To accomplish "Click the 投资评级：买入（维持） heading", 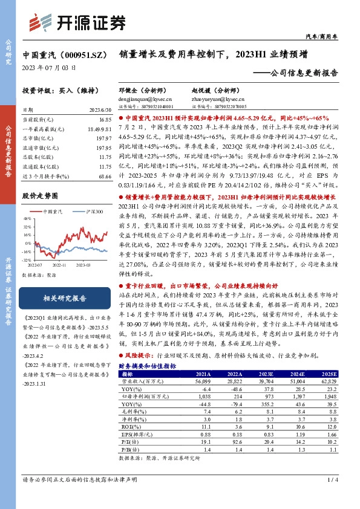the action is pyautogui.click(x=56, y=90).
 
